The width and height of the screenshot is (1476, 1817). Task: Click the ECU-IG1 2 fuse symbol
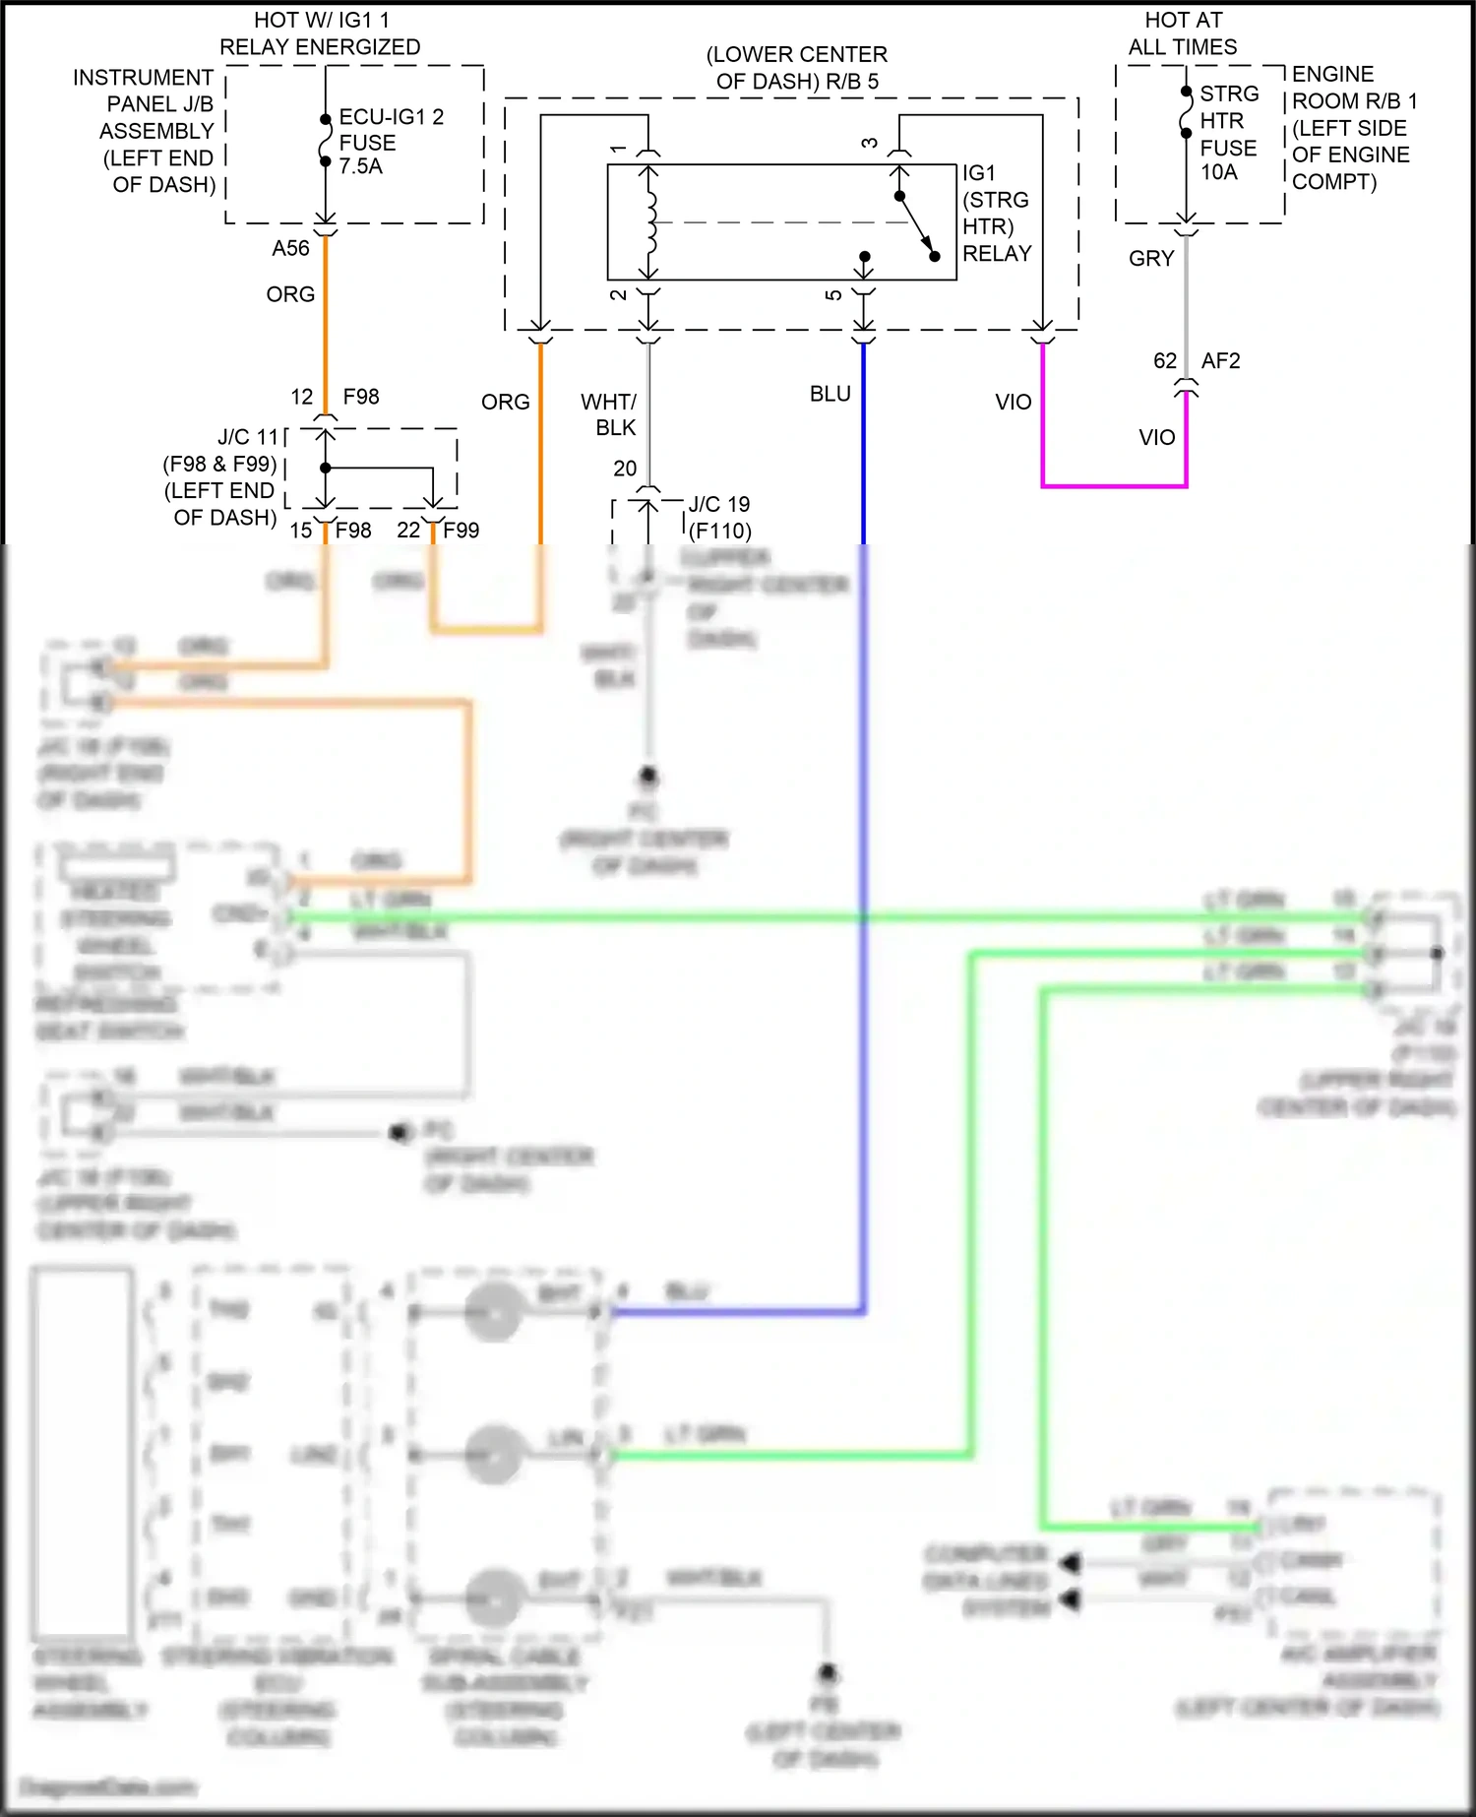326,141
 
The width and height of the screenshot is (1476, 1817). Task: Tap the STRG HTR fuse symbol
1187,112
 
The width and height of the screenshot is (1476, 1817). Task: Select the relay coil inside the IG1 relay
649,222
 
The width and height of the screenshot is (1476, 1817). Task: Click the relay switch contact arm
917,225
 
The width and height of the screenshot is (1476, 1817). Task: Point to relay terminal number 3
870,144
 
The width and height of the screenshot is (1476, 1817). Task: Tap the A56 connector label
290,248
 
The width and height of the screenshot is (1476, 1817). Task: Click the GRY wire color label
1151,258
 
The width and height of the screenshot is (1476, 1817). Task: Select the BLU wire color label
830,394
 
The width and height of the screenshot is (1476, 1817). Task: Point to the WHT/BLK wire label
610,414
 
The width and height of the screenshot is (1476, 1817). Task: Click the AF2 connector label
1220,361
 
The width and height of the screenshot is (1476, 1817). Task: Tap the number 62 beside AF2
1165,361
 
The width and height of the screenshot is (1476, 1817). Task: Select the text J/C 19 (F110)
719,518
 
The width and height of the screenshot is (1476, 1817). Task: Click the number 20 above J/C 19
625,469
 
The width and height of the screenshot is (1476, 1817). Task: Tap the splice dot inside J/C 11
326,468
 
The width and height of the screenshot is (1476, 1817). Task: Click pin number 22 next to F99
408,531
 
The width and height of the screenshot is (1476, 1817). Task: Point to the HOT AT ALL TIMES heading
1183,33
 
